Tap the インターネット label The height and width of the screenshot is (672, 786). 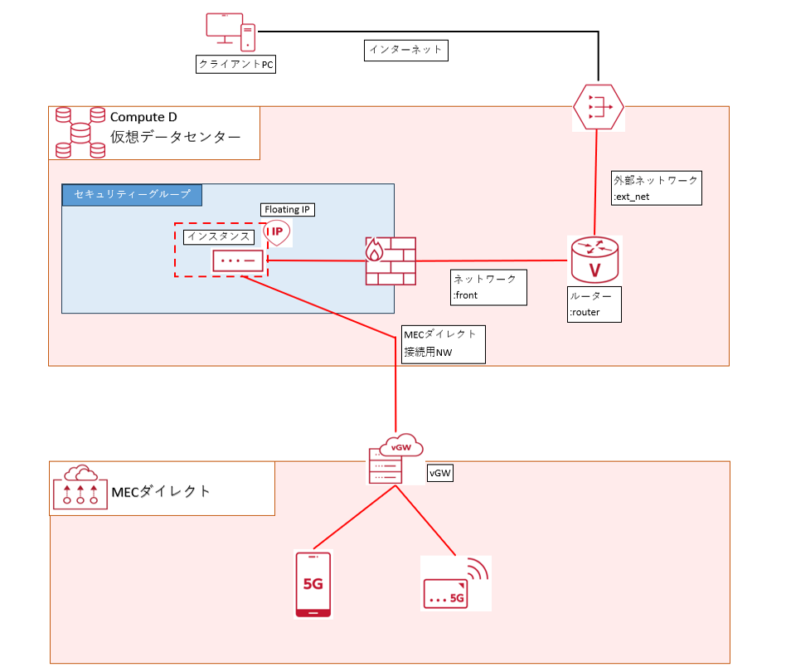tap(406, 51)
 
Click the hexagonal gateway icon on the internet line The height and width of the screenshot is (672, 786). tap(598, 107)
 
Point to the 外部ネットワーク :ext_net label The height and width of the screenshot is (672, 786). tap(656, 187)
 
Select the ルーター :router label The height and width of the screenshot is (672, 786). tap(594, 304)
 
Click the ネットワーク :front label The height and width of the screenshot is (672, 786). tap(488, 286)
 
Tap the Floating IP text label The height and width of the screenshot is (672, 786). tap(288, 210)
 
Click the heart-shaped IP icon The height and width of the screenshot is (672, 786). tap(278, 234)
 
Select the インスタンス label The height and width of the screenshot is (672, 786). tap(218, 236)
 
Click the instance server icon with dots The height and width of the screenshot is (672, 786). tap(239, 261)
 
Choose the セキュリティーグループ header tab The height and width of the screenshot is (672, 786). tap(132, 195)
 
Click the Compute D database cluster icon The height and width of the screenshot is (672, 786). tap(80, 132)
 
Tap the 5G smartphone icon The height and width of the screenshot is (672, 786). tap(313, 585)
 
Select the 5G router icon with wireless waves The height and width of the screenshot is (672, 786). tap(455, 582)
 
